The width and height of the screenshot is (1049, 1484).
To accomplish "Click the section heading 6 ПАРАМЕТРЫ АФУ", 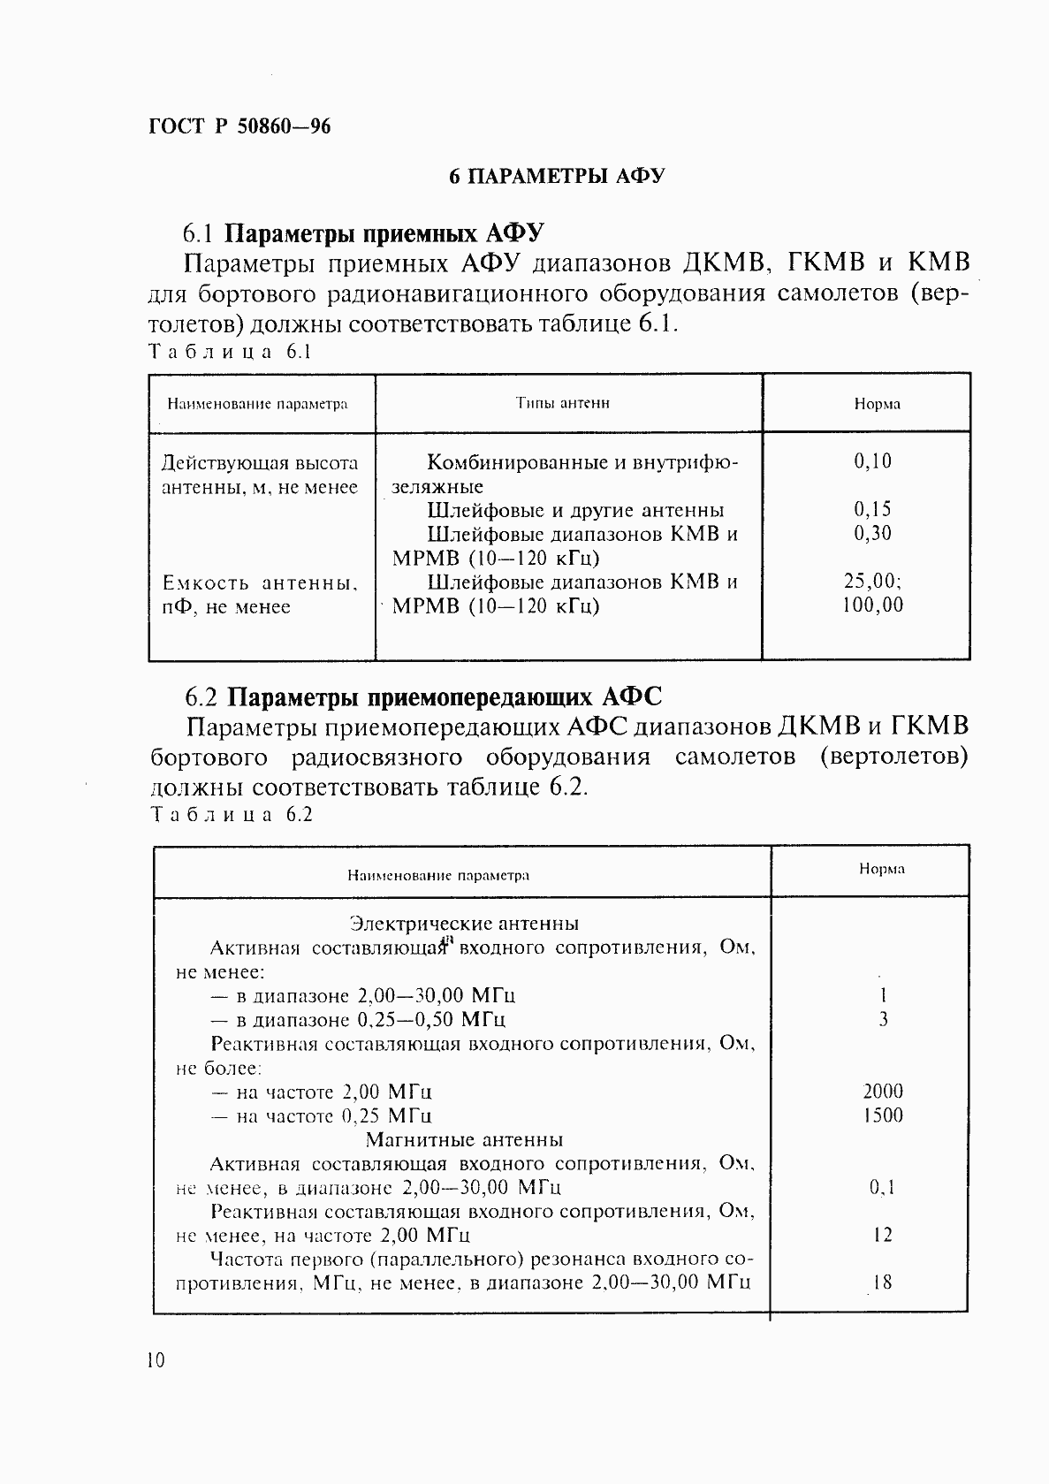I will point(556,176).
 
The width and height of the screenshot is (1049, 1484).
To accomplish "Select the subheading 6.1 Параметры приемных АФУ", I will point(362,233).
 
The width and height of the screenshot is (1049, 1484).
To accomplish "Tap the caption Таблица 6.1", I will point(231,352).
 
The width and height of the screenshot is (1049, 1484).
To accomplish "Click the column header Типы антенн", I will point(563,403).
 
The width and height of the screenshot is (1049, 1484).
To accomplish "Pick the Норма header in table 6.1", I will point(877,404).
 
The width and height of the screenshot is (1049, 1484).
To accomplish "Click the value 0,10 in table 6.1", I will point(872,460).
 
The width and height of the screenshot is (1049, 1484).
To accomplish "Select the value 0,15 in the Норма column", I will point(872,509).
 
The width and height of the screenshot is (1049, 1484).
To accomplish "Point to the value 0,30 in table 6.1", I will point(872,533).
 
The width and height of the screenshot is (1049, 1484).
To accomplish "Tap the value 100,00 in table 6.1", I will point(872,605).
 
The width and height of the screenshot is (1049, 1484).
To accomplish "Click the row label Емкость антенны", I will point(260,583).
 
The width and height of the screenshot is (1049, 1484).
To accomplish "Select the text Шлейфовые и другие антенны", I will point(575,510).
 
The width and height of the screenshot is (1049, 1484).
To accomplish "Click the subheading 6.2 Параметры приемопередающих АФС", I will point(422,697).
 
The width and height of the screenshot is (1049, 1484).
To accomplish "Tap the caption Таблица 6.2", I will point(232,815).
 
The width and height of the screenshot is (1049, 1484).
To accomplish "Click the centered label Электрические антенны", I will point(464,924).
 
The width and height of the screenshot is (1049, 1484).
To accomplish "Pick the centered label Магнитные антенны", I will point(464,1139).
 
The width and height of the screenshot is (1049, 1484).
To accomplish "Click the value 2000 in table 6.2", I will point(882,1092).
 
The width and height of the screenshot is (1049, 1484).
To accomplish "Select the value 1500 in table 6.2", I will point(882,1115).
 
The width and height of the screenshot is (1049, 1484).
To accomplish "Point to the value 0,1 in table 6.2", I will point(882,1188).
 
